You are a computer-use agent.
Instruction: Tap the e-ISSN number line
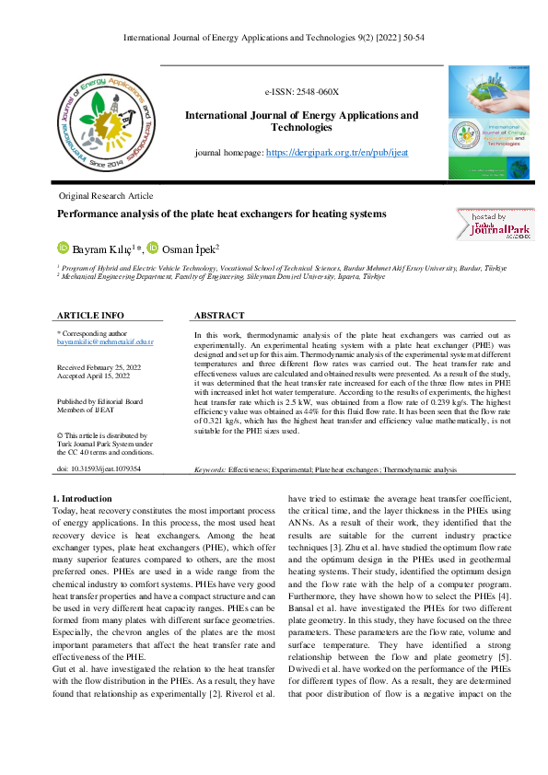click(x=302, y=93)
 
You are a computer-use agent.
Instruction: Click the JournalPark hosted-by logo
click(x=493, y=224)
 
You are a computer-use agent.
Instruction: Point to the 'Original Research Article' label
click(x=106, y=196)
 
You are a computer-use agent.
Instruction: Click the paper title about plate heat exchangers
click(x=222, y=214)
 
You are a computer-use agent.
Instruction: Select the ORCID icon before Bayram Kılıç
click(x=64, y=248)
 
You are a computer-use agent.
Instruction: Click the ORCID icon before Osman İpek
click(x=153, y=248)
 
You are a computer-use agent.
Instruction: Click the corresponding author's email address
click(x=105, y=341)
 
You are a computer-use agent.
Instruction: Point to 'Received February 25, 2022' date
click(x=99, y=366)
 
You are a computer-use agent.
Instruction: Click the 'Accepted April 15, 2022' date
click(x=93, y=376)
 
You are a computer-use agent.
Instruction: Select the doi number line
click(x=99, y=468)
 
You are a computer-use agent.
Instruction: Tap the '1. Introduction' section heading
click(x=83, y=498)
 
